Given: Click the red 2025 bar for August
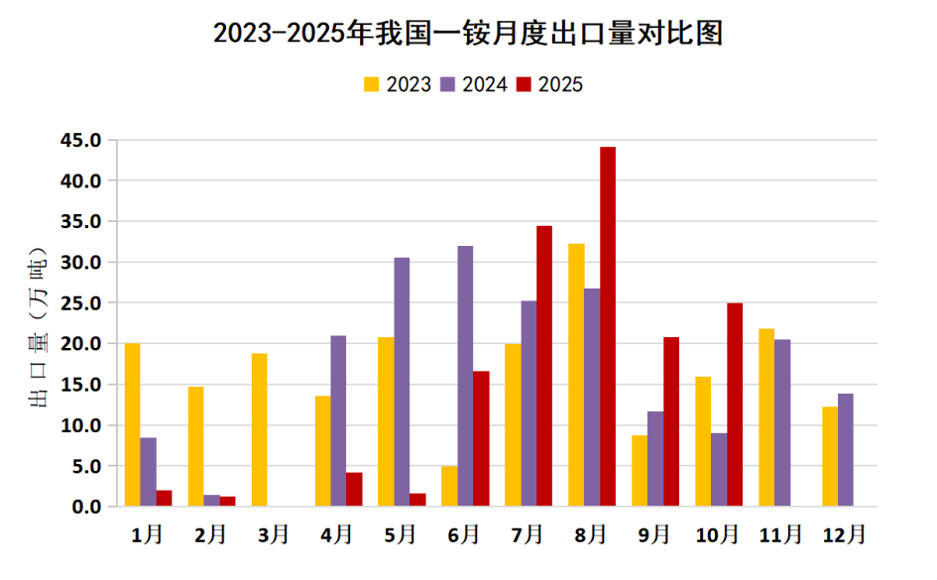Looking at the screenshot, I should pos(608,326).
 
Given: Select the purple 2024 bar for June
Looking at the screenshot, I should pos(465,376).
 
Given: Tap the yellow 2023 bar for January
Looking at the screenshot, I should pos(132,424).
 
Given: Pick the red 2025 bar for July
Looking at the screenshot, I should pos(544,366).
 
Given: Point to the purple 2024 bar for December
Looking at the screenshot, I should pos(846,450).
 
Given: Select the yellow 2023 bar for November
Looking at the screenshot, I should pos(766,417).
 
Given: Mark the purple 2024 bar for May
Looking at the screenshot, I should pos(402,382).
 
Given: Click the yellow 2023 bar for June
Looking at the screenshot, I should pos(449,486).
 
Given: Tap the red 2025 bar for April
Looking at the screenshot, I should pos(354,489).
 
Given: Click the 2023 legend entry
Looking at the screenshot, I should pos(398,84).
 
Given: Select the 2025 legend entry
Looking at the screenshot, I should pos(549,84).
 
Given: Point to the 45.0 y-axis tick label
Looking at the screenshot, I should pos(80,141).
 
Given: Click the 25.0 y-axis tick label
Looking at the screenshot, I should pos(80,303).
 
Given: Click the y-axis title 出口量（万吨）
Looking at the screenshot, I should pos(37,328).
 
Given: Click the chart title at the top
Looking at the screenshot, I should pos(468,34).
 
